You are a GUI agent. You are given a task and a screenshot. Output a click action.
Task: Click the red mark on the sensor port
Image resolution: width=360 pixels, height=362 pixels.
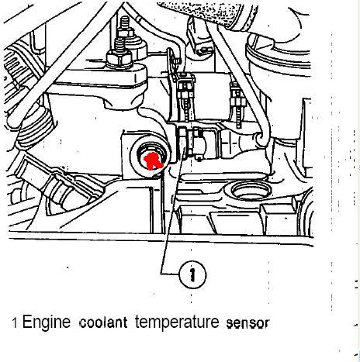click(x=153, y=160)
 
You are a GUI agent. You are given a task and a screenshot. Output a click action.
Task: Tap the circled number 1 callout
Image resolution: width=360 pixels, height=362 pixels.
click(x=192, y=274)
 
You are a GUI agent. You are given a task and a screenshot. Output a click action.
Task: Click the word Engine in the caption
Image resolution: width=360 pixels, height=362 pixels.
click(x=47, y=323)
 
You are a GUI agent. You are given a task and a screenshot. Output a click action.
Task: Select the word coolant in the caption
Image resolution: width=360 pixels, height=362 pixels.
click(x=103, y=322)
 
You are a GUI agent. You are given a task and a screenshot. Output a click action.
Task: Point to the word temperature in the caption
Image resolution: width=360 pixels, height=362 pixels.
click(x=177, y=323)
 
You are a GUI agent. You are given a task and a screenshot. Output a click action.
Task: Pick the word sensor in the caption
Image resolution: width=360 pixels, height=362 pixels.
click(x=247, y=323)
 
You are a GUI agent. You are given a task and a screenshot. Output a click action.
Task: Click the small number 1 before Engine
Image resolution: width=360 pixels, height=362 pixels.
click(x=15, y=323)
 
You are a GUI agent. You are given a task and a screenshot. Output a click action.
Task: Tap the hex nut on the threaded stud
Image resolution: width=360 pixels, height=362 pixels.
click(x=119, y=57)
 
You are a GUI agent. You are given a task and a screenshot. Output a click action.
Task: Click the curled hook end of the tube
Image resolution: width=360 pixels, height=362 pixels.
click(x=261, y=138)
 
